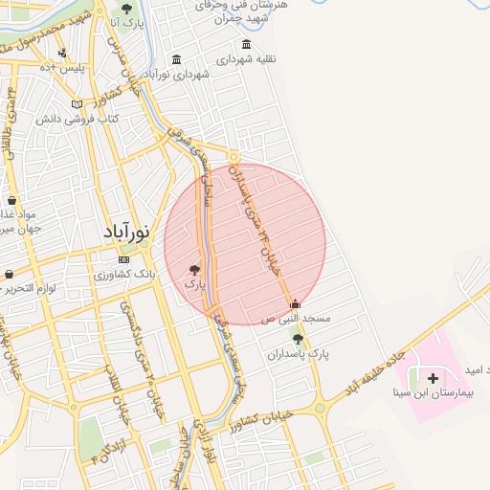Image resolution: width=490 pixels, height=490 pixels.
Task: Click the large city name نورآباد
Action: (125, 232)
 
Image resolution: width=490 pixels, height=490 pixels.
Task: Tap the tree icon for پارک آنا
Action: (126, 9)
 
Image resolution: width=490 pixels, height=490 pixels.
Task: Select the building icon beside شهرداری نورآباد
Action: (176, 59)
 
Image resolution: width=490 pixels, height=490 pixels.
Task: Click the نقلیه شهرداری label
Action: (246, 59)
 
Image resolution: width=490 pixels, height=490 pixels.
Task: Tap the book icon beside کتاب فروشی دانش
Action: (78, 103)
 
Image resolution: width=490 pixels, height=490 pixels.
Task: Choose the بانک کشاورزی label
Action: (124, 275)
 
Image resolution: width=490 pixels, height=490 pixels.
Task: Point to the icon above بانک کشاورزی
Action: (123, 259)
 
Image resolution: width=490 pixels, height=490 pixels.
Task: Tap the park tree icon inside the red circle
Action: (195, 270)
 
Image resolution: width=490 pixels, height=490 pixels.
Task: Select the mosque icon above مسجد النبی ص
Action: (295, 304)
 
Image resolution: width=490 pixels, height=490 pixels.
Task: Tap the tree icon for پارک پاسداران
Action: (298, 339)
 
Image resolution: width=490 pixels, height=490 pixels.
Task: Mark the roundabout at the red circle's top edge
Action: (234, 158)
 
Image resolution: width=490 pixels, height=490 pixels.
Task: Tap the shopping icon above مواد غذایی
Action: (11, 201)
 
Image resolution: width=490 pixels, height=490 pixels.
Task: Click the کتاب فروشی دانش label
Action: (78, 119)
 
